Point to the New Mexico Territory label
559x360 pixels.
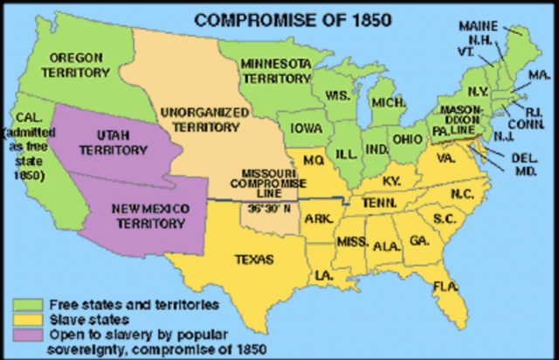pyautogui.click(x=149, y=216)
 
